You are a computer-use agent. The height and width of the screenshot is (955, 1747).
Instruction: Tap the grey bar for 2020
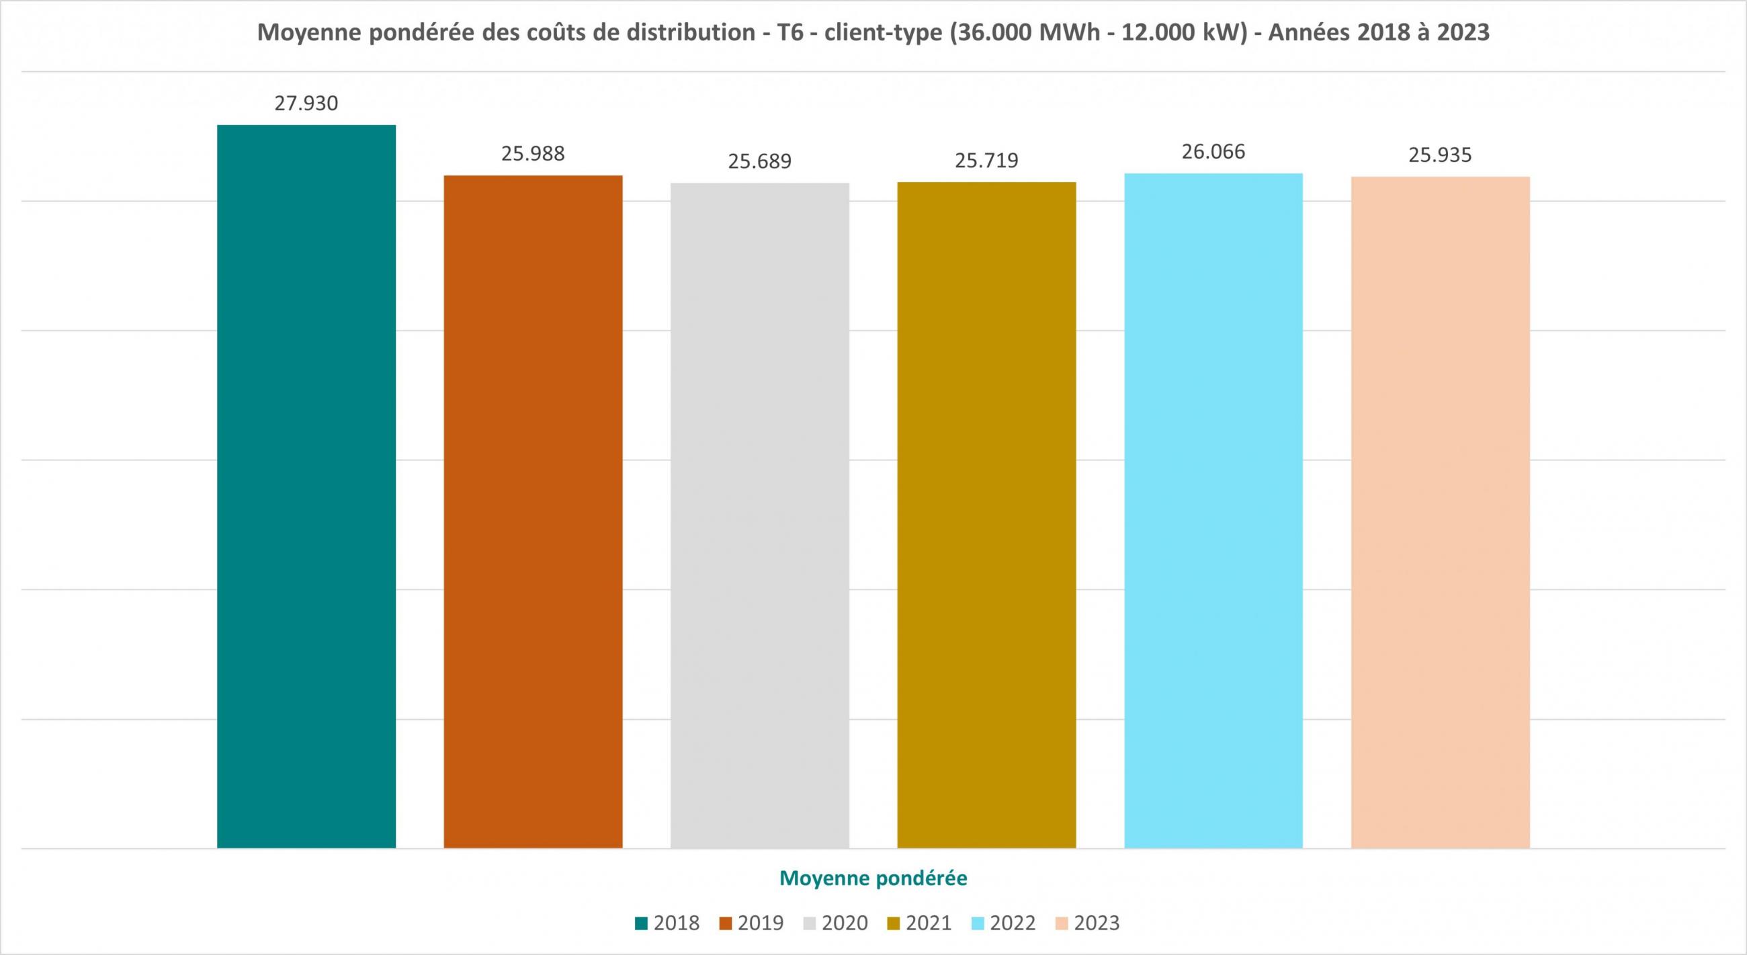pyautogui.click(x=759, y=515)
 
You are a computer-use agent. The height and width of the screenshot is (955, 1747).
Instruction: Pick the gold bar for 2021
pyautogui.click(x=986, y=515)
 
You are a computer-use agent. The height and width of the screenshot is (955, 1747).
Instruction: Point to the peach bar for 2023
pyautogui.click(x=1441, y=512)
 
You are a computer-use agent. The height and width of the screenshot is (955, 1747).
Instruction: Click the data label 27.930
pyautogui.click(x=306, y=103)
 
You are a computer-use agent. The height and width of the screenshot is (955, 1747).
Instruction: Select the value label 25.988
pyautogui.click(x=533, y=154)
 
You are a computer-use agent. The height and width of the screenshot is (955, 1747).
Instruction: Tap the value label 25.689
pyautogui.click(x=759, y=162)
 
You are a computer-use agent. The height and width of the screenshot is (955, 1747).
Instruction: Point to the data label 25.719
pyautogui.click(x=986, y=161)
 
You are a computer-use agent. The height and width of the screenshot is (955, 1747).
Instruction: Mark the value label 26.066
pyautogui.click(x=1213, y=152)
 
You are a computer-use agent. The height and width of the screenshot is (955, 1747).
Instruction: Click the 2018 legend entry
pyautogui.click(x=667, y=923)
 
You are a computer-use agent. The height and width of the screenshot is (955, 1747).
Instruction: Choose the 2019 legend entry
pyautogui.click(x=751, y=923)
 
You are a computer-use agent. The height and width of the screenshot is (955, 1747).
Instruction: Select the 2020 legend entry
pyautogui.click(x=835, y=923)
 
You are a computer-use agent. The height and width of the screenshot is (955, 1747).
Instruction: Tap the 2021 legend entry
pyautogui.click(x=920, y=923)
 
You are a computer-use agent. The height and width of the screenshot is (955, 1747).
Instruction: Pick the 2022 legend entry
pyautogui.click(x=1004, y=923)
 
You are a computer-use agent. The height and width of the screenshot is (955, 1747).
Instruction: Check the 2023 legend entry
pyautogui.click(x=1088, y=923)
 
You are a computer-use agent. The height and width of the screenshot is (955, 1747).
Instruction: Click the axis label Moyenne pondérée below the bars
pyautogui.click(x=873, y=878)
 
